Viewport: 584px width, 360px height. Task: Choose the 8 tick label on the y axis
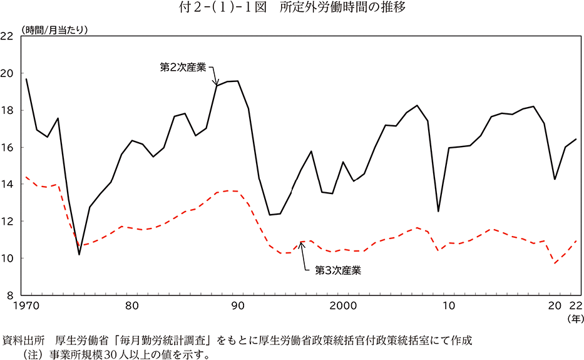click(x=10, y=295)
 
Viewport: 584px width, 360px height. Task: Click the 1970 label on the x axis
click(x=27, y=307)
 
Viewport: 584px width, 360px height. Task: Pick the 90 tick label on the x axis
click(x=238, y=307)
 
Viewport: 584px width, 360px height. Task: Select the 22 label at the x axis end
click(x=575, y=307)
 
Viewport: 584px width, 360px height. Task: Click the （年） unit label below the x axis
click(x=574, y=319)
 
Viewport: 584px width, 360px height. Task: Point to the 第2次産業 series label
click(x=183, y=66)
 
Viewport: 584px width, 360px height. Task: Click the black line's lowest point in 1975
click(x=79, y=254)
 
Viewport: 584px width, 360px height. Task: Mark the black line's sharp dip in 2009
click(x=438, y=211)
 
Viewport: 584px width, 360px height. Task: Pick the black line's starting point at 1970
click(x=26, y=79)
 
